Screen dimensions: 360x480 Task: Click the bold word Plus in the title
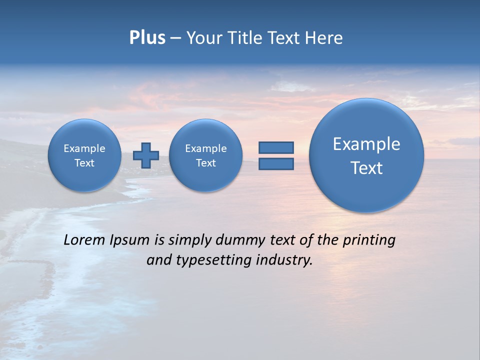pyautogui.click(x=147, y=38)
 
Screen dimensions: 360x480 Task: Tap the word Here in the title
pyautogui.click(x=324, y=38)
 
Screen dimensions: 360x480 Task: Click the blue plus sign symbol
pyautogui.click(x=146, y=155)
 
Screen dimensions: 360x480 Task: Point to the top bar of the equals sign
pyautogui.click(x=276, y=147)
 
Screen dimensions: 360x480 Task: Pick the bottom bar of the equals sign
pyautogui.click(x=276, y=163)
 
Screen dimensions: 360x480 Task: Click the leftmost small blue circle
pyautogui.click(x=84, y=155)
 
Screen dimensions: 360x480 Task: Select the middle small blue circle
pyautogui.click(x=205, y=155)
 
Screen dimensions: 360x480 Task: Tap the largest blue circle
pyautogui.click(x=366, y=155)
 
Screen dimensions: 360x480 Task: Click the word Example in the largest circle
pyautogui.click(x=366, y=144)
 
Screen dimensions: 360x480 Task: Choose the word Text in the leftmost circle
pyautogui.click(x=84, y=163)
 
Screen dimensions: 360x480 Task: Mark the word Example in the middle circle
pyautogui.click(x=205, y=148)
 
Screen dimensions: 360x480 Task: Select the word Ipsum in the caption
pyautogui.click(x=129, y=240)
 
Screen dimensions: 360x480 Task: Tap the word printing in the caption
pyautogui.click(x=368, y=240)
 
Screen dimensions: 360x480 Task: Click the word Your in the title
pyautogui.click(x=204, y=38)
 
